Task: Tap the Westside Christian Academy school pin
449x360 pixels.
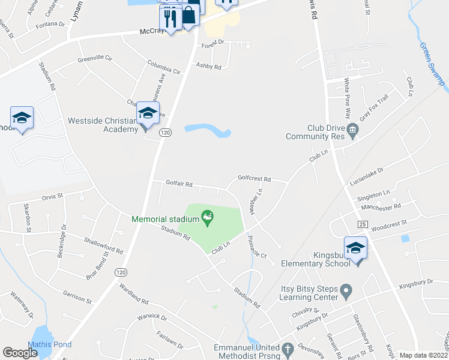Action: pos(147,113)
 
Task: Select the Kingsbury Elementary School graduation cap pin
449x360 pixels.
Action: pos(355,248)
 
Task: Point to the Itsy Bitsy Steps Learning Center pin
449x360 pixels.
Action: pos(346,292)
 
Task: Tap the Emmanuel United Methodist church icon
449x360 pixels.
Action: pos(288,349)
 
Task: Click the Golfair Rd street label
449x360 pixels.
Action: pos(179,184)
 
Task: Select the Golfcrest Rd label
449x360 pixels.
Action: pos(254,179)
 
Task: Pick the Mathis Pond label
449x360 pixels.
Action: pos(53,344)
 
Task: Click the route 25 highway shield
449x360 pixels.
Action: pos(362,224)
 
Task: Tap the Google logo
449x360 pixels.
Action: pos(20,353)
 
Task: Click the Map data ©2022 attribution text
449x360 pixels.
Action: pos(423,355)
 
